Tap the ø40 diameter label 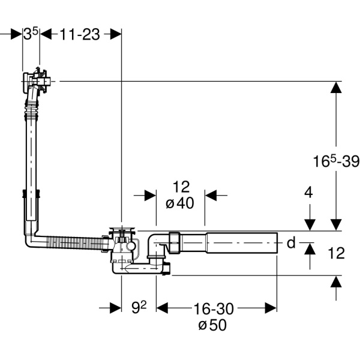tap(179, 203)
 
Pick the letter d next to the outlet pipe tap(290, 242)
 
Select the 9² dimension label tap(139, 308)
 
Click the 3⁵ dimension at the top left tap(31, 34)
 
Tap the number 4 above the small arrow tap(308, 193)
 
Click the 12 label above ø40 tap(181, 187)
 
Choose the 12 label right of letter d tap(337, 253)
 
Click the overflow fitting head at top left tap(38, 80)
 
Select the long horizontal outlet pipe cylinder tap(240, 242)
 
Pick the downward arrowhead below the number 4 tap(309, 224)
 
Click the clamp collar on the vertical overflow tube tap(32, 197)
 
